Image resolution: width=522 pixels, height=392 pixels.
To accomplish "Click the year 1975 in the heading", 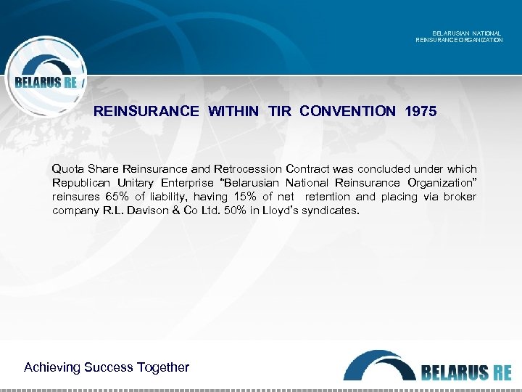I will point(422,111).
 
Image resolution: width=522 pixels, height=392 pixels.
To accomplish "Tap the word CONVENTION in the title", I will point(347,111).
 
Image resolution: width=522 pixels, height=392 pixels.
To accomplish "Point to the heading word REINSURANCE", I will point(146,111).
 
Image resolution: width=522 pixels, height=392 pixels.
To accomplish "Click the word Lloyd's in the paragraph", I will point(265,211).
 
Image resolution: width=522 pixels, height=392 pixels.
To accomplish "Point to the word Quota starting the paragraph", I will point(67,168).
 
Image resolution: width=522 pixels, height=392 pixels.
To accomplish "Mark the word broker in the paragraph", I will point(460,197).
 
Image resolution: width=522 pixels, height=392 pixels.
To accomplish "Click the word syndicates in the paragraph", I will point(323,211).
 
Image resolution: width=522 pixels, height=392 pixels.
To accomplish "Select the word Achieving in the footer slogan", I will point(52,367).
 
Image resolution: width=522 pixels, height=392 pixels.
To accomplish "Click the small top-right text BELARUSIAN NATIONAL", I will point(466,33).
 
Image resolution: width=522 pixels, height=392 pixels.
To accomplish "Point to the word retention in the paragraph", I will point(330,197).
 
